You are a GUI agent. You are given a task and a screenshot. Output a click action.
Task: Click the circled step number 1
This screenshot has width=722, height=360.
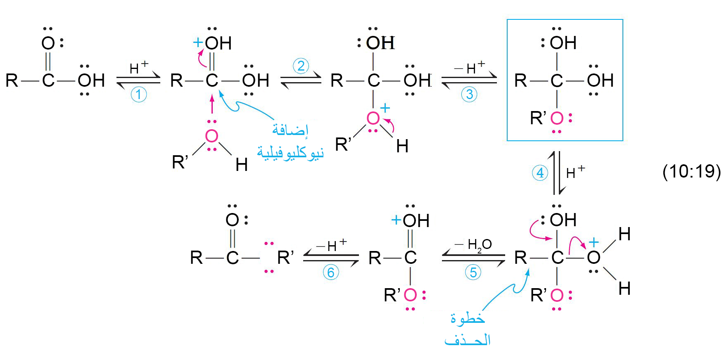coord(139,95)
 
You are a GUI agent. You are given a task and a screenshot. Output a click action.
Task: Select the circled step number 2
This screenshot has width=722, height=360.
coord(301,66)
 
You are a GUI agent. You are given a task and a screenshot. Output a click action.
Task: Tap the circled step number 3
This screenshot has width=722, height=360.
coord(469,95)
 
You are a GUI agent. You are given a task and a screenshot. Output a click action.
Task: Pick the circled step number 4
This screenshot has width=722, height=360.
coord(540,173)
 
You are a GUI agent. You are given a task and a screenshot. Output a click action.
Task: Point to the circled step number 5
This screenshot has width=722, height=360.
coord(473,272)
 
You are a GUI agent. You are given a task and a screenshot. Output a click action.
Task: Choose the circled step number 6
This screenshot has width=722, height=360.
coord(330,272)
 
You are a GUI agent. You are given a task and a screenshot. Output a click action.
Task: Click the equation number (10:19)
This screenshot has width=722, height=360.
coord(691,171)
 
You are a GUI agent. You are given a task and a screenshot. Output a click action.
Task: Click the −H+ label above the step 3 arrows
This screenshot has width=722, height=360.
coord(470,67)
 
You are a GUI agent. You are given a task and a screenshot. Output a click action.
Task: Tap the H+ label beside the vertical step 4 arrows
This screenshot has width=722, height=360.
coord(575,172)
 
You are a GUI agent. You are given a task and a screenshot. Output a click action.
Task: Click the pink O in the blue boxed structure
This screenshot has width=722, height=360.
coord(557,118)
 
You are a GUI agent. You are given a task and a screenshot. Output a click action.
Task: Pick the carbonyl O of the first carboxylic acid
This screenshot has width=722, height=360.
coord(48,43)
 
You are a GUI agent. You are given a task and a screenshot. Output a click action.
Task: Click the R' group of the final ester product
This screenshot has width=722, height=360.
coord(285,258)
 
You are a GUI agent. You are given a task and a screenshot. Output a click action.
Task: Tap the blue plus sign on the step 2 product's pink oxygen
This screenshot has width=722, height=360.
coord(385,108)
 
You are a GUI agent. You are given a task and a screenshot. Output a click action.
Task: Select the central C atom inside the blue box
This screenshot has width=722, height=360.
coord(557,81)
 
